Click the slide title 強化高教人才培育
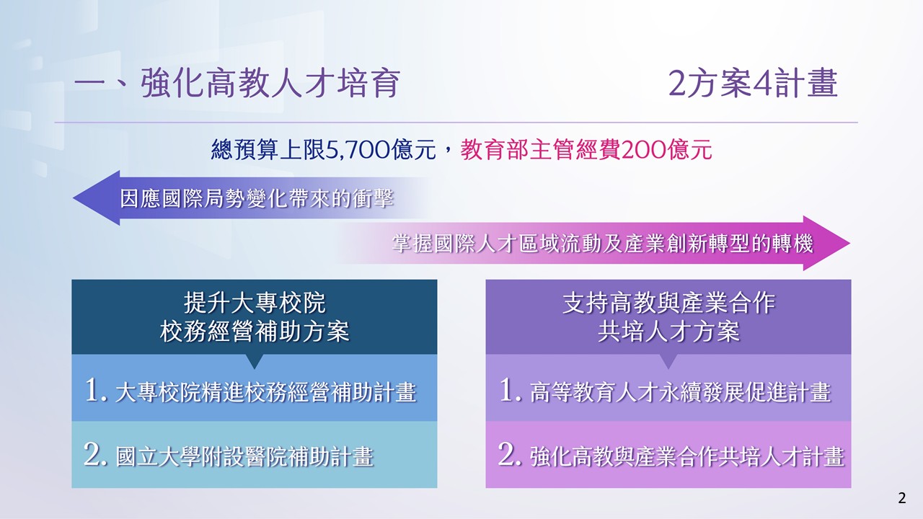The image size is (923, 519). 270,83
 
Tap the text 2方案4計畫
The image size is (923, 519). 753,83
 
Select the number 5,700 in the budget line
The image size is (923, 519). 358,149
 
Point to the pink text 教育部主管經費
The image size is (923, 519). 540,149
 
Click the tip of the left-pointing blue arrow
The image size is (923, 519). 74,198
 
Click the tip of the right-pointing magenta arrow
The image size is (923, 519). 850,243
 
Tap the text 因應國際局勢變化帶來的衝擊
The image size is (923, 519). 257,198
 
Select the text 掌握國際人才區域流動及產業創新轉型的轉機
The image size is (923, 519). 602,243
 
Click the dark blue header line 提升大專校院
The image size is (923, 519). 255,303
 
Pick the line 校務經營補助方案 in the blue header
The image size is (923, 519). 255,331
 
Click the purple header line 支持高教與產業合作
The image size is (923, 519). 668,303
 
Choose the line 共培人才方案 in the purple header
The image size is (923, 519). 668,331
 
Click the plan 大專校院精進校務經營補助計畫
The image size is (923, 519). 266,391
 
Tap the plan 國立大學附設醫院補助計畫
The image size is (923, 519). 244,456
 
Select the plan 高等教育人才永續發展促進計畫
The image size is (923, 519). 680,391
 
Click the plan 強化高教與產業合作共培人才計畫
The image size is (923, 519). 687,456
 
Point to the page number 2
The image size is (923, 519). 902,498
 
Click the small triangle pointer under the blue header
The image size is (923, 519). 255,361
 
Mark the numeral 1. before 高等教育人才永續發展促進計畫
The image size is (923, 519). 511,390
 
